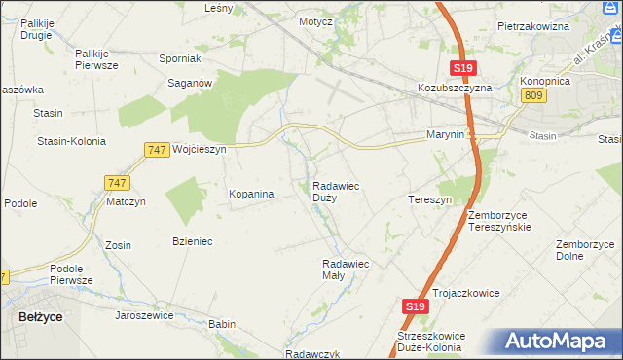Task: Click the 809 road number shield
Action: (x=532, y=94)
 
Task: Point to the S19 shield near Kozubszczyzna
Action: (x=462, y=67)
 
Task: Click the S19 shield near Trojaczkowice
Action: (x=414, y=306)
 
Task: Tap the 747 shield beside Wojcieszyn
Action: (x=156, y=149)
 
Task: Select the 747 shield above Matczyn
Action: (x=115, y=182)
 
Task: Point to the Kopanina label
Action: (x=251, y=195)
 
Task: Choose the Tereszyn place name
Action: (x=429, y=199)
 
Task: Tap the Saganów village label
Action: (x=191, y=84)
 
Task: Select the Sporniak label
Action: (x=179, y=58)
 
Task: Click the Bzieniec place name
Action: (x=192, y=240)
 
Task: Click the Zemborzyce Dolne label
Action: (x=583, y=250)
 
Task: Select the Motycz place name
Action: (x=317, y=20)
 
